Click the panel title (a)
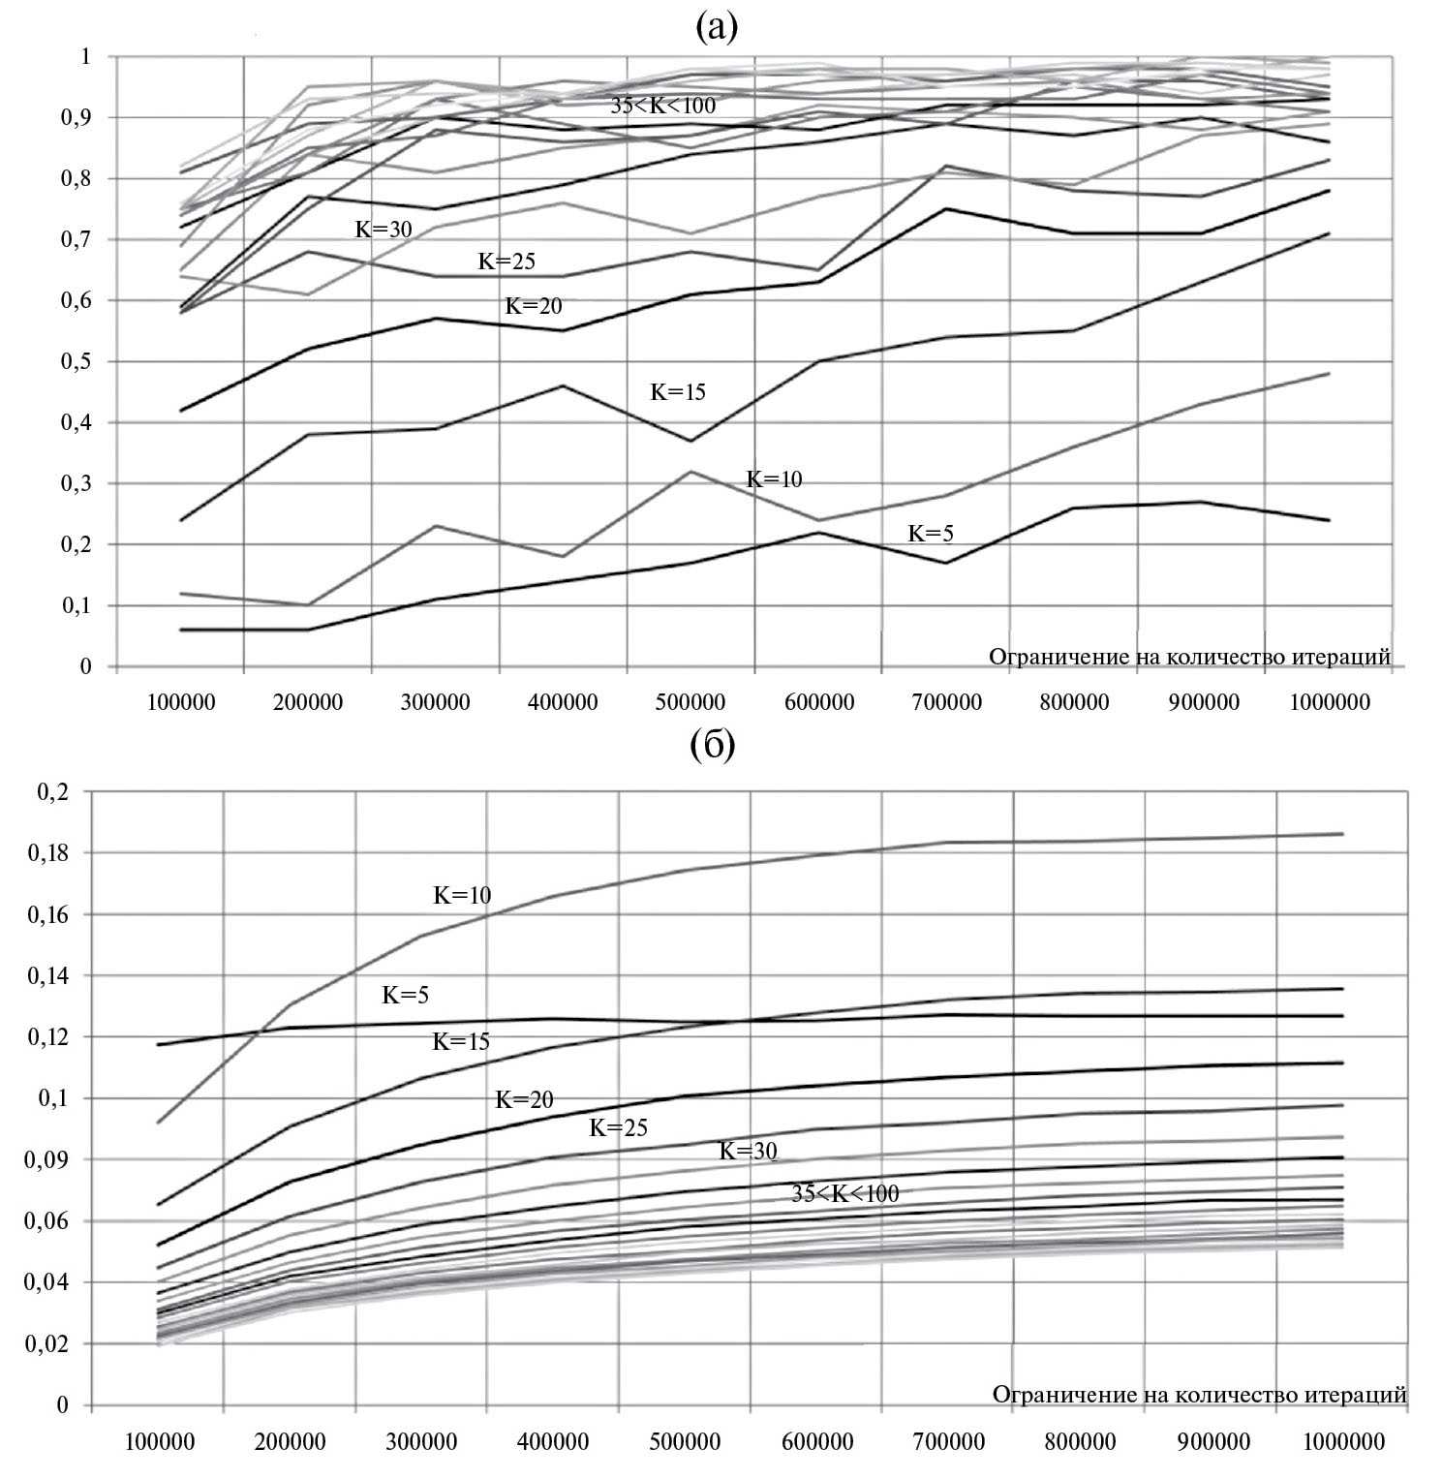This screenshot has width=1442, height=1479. tap(717, 28)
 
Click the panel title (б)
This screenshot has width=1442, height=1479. tap(713, 746)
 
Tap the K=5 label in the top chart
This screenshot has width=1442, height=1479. tap(930, 534)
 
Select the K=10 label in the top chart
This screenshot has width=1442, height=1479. tap(773, 479)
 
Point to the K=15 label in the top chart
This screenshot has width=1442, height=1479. tap(677, 392)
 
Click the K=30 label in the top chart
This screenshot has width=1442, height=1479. tap(384, 229)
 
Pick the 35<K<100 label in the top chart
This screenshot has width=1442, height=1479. tap(662, 106)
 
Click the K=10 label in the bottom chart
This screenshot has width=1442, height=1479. tap(462, 896)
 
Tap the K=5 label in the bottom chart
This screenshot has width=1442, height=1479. tap(405, 995)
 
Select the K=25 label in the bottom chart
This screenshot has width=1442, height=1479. tap(618, 1128)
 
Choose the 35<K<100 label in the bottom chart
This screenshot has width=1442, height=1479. tap(844, 1194)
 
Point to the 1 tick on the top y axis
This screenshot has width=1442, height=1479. tap(85, 56)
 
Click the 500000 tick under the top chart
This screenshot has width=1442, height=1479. tap(691, 702)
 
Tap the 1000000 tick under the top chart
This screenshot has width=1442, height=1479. tap(1331, 702)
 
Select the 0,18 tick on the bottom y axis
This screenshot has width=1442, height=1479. tap(54, 853)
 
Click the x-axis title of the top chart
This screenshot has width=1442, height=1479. tap(1189, 657)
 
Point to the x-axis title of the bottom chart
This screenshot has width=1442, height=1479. tap(1199, 1395)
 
